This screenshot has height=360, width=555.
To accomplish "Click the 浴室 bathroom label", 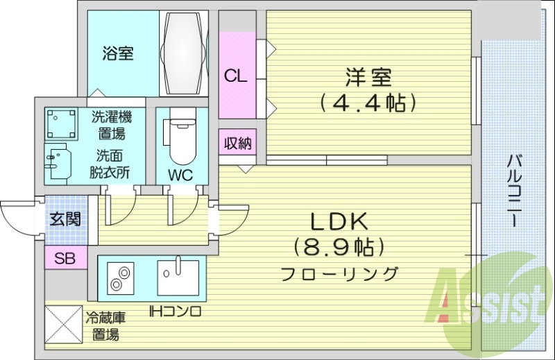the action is point(118,53).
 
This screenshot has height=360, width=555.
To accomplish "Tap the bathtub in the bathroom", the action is point(184,53).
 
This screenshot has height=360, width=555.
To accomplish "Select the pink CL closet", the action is point(236,75).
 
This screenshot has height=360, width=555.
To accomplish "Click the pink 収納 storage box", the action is point(237,143).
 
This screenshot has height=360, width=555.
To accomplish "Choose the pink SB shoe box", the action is point(65,259).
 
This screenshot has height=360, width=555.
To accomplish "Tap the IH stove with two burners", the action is point(121,277).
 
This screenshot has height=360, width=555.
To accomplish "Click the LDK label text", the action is point(338,221).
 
